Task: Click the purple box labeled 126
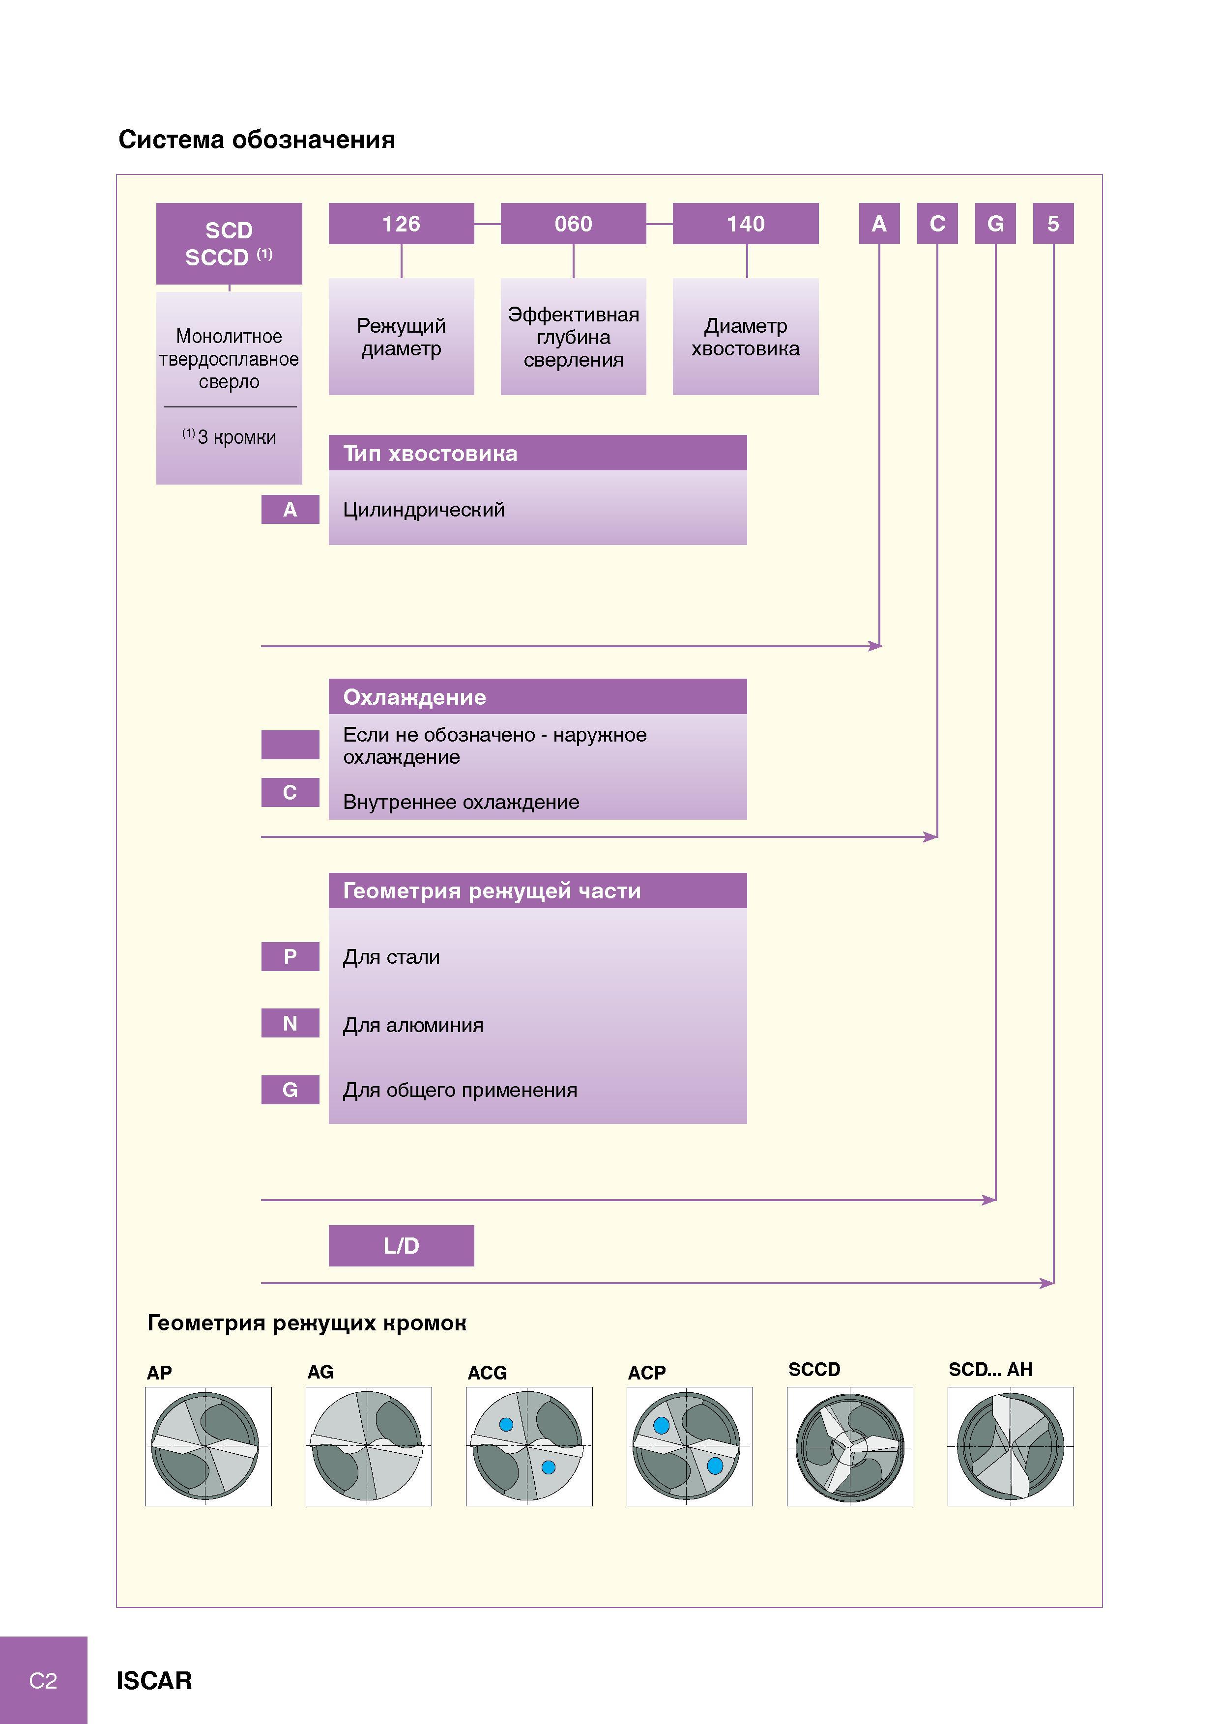(401, 224)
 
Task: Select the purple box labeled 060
(573, 224)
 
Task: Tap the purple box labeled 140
(745, 224)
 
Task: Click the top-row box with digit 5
(1053, 224)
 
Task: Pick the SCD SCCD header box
(229, 243)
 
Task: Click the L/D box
(401, 1246)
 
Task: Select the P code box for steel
(290, 957)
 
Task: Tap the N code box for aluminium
(290, 1023)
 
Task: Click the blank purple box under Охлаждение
(290, 744)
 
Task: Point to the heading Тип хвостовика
(431, 454)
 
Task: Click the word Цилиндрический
(424, 510)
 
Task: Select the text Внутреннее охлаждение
(461, 802)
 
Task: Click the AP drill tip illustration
(208, 1446)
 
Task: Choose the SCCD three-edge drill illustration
(849, 1446)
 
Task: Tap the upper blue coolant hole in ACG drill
(506, 1424)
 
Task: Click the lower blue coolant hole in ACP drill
(715, 1465)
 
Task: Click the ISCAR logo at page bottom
(154, 1680)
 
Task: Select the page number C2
(43, 1680)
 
